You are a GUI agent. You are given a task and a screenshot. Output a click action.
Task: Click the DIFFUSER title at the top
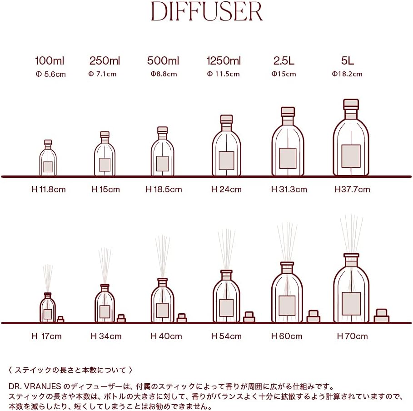tap(207, 12)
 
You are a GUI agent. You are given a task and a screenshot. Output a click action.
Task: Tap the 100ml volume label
tap(50, 61)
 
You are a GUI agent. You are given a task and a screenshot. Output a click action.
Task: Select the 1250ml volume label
tap(224, 61)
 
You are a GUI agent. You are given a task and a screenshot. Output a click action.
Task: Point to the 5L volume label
tap(347, 61)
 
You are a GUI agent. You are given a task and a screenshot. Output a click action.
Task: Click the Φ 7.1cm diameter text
tap(103, 74)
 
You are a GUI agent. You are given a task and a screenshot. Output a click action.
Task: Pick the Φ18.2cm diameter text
tap(347, 74)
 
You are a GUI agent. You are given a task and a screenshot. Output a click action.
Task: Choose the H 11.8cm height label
tap(48, 190)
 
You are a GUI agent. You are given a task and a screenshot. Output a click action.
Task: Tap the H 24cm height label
tap(226, 190)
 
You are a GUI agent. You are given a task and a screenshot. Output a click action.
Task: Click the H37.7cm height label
tap(353, 190)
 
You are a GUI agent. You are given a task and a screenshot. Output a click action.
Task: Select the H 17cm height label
tap(46, 336)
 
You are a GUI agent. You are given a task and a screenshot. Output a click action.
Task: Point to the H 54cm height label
tap(226, 336)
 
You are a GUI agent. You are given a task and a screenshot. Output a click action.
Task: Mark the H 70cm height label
tap(352, 336)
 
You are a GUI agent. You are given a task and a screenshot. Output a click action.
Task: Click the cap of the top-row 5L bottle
tap(351, 104)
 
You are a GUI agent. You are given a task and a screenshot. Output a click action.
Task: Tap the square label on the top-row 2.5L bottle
tap(288, 158)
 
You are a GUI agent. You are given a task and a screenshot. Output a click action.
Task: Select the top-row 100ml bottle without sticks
tap(48, 159)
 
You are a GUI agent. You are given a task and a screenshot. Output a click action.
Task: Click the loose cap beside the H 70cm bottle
tap(381, 316)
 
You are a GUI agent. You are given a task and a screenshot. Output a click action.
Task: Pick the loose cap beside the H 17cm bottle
tap(60, 320)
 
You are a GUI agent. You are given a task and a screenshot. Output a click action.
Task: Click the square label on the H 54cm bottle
tap(226, 307)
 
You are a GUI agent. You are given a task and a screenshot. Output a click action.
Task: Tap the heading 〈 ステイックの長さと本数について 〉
tap(70, 370)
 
